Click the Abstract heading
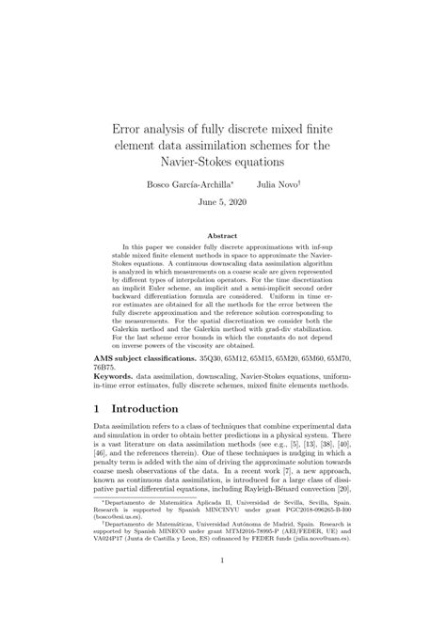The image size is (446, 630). [222, 236]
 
